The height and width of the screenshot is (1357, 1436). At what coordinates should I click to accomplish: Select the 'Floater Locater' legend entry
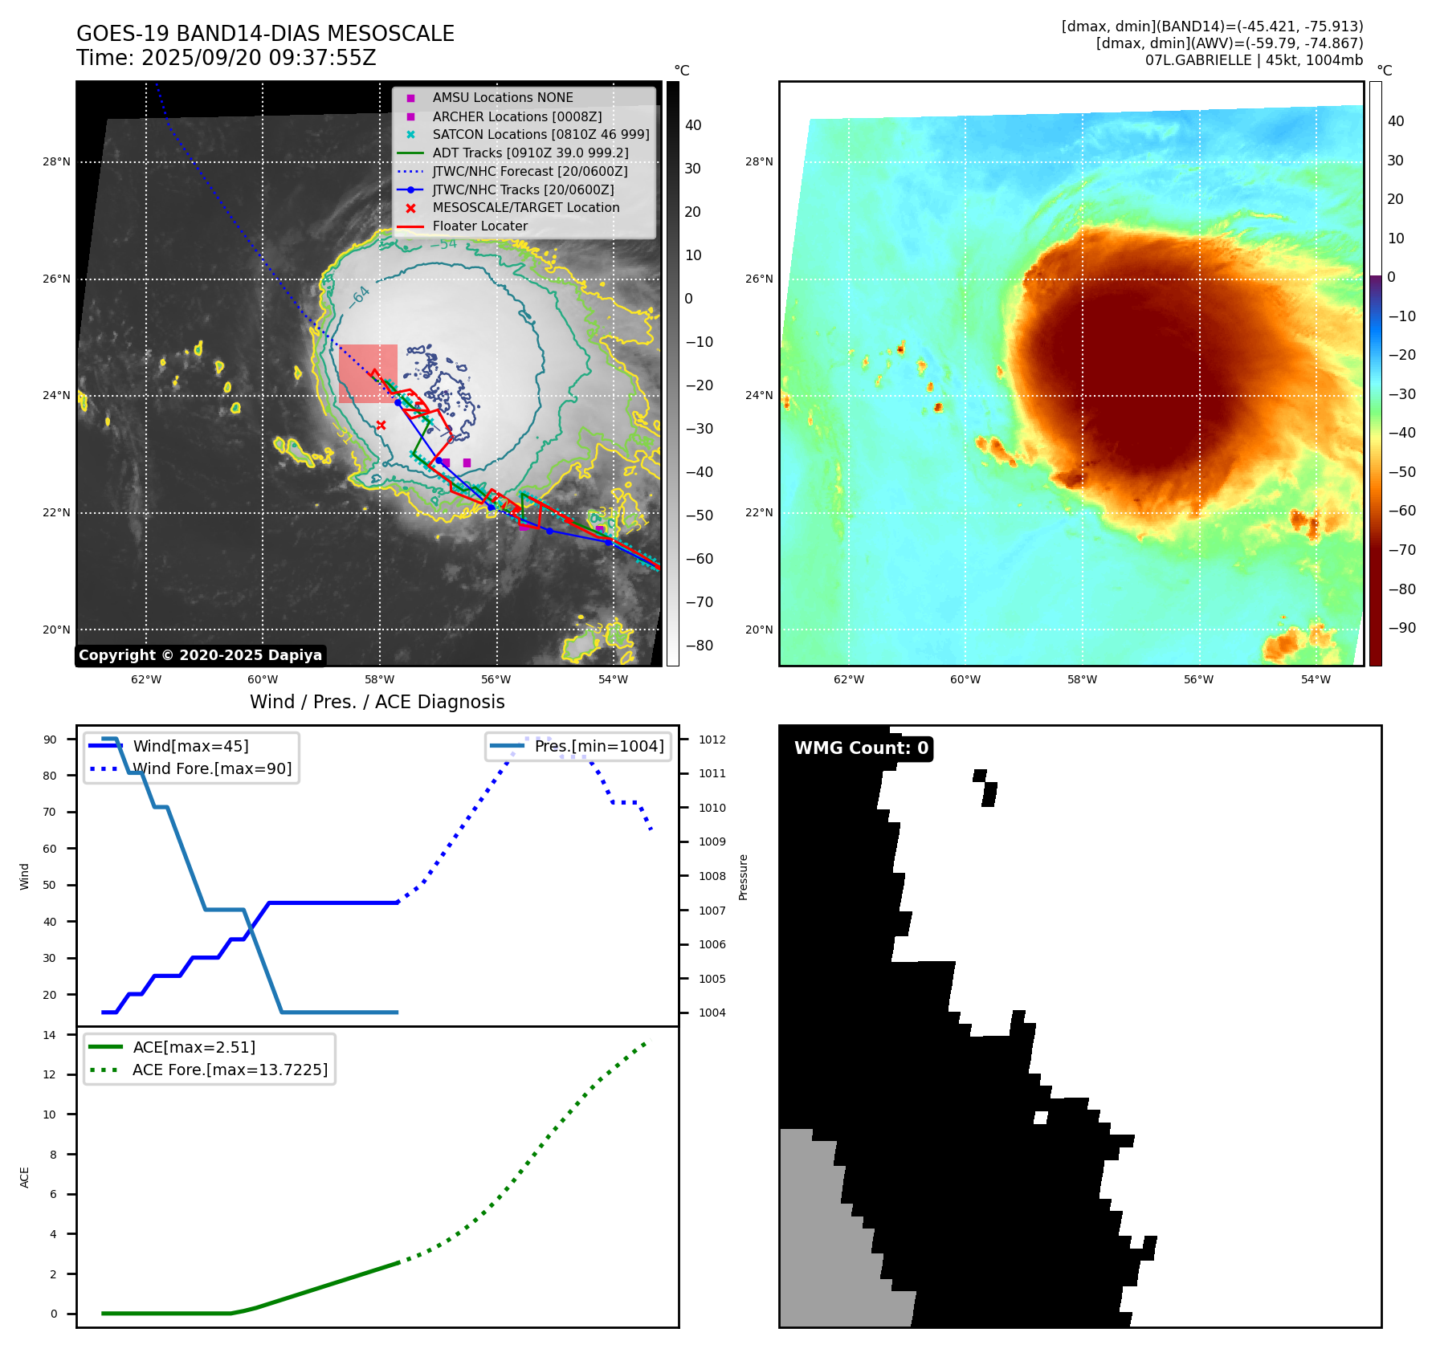(x=479, y=226)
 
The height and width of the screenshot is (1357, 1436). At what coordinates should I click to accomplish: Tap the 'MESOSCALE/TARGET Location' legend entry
(x=525, y=208)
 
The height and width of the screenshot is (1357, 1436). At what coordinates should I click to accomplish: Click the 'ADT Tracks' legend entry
(x=530, y=153)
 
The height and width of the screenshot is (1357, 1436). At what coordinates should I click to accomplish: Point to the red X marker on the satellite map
(x=381, y=425)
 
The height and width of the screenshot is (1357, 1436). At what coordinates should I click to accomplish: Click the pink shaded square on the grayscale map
(x=368, y=373)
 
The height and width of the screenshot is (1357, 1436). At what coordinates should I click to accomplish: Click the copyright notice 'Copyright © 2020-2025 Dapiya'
(x=200, y=655)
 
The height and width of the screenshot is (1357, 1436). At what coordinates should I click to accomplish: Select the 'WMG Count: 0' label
(x=861, y=748)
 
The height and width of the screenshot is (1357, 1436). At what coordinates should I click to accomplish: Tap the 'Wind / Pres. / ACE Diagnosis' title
(x=377, y=702)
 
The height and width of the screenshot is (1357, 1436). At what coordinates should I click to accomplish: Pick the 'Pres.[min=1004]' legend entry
(x=599, y=746)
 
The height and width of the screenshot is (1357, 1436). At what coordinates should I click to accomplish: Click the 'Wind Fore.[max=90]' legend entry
(x=212, y=768)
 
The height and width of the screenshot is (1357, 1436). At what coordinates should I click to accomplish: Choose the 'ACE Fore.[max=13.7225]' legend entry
(x=230, y=1070)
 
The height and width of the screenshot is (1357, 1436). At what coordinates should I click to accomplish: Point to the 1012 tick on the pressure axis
(x=712, y=740)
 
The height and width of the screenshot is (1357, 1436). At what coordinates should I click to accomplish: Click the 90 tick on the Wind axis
(x=50, y=740)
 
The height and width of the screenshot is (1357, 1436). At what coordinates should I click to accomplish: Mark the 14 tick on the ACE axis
(x=50, y=1035)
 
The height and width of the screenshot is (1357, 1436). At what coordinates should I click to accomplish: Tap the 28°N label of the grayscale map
(x=56, y=162)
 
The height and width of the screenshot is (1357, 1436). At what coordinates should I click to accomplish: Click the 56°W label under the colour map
(x=1198, y=679)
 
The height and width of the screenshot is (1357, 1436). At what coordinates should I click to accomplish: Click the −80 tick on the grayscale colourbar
(x=699, y=646)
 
